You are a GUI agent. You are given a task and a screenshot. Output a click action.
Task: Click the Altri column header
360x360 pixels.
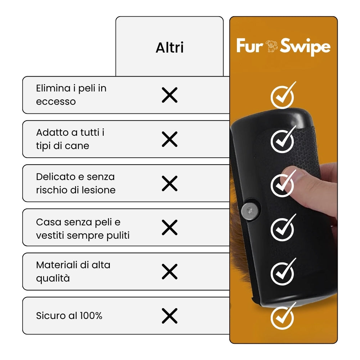(170, 48)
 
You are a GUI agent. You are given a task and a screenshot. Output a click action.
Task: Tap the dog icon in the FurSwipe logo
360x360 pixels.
(271, 46)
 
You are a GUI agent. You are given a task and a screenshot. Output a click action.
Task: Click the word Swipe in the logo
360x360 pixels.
(305, 47)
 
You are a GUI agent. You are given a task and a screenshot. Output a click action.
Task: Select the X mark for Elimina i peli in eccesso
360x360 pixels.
(170, 95)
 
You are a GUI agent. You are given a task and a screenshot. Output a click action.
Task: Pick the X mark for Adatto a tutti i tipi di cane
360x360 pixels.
(170, 139)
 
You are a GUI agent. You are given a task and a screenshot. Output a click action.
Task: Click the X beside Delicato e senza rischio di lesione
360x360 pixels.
(170, 184)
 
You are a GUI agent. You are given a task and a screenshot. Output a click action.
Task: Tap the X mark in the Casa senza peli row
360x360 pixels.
(170, 228)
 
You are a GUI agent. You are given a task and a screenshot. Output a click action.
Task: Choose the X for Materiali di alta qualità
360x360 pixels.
(170, 271)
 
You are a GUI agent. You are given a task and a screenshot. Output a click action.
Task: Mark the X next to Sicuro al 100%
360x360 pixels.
(170, 316)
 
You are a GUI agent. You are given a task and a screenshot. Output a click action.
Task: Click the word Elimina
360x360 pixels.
(53, 88)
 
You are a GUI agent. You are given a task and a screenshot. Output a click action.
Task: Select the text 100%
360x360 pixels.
(91, 316)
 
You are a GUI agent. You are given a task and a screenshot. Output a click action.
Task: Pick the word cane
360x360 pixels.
(77, 146)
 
